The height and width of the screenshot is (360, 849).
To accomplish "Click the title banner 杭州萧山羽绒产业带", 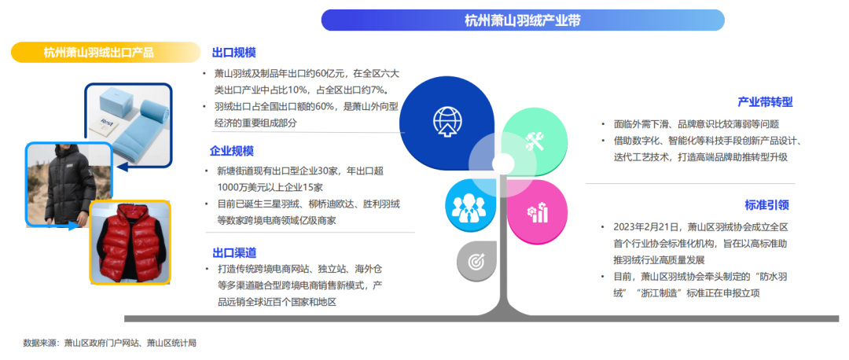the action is pos(523,20).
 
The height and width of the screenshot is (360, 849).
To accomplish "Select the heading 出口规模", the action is pos(234,53).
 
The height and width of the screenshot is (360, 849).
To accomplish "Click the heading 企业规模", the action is pos(232,151).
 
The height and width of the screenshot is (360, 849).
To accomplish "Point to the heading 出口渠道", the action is pos(234,253).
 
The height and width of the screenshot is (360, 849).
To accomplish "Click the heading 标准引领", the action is pos(766,205).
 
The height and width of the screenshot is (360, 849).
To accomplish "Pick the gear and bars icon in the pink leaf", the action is pos(537,211).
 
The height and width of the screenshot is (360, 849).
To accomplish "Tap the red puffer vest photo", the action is pos(130,242).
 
